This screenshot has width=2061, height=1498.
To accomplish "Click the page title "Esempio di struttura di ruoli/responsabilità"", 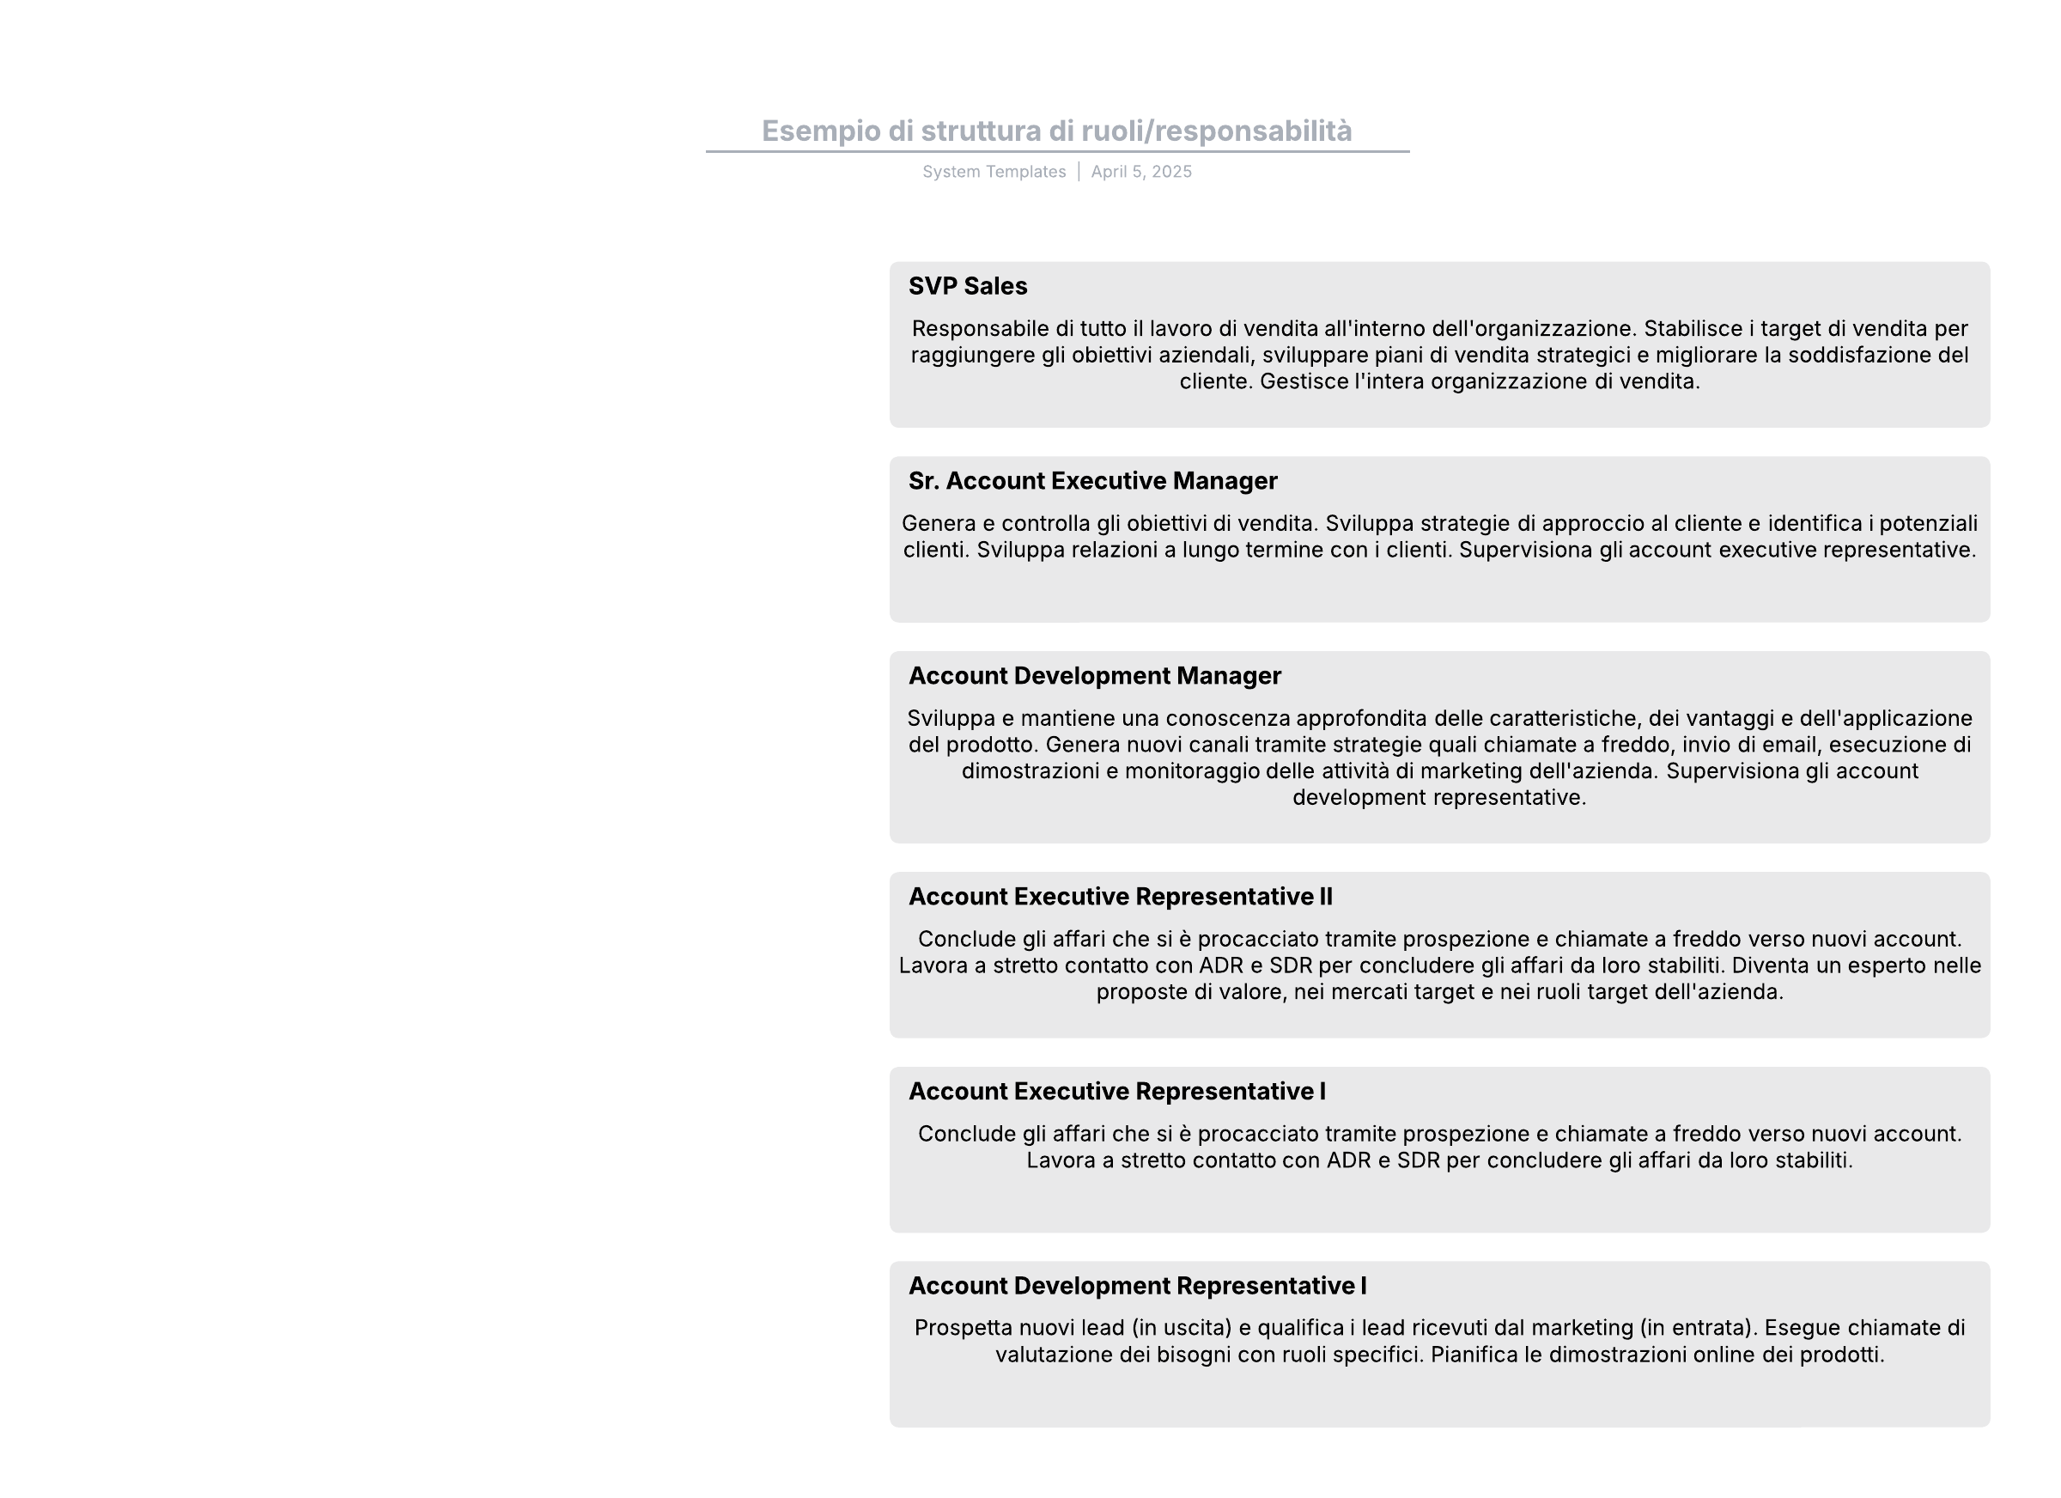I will click(x=1056, y=131).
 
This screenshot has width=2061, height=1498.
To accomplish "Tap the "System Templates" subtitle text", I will click(x=994, y=172).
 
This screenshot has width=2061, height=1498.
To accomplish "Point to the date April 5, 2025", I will click(x=1140, y=172).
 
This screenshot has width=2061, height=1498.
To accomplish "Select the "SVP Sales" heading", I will click(x=967, y=286).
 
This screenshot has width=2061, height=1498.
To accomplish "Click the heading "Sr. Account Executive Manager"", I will click(x=1092, y=481).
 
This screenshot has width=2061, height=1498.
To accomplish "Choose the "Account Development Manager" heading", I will click(x=1094, y=675).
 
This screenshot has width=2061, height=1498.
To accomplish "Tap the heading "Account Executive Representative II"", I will click(x=1120, y=896).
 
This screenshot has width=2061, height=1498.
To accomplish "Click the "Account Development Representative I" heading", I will click(x=1137, y=1285).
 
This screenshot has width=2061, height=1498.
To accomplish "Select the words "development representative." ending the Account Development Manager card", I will click(x=1438, y=797).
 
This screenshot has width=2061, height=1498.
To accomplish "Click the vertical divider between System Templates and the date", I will click(x=1079, y=172).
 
